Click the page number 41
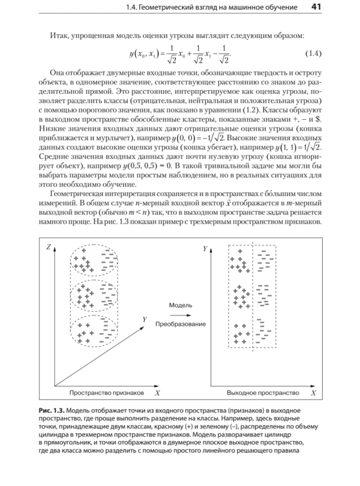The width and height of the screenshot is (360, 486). (316, 7)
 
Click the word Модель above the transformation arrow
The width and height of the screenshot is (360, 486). (181, 305)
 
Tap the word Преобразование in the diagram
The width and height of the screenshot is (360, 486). (181, 324)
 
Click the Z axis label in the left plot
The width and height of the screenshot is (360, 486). (48, 247)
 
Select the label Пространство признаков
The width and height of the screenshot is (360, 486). (106, 393)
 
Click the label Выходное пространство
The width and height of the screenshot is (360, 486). (263, 393)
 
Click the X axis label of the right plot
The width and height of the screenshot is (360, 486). (314, 393)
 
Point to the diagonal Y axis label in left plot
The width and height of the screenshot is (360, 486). (145, 320)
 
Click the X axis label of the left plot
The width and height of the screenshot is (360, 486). (157, 393)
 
